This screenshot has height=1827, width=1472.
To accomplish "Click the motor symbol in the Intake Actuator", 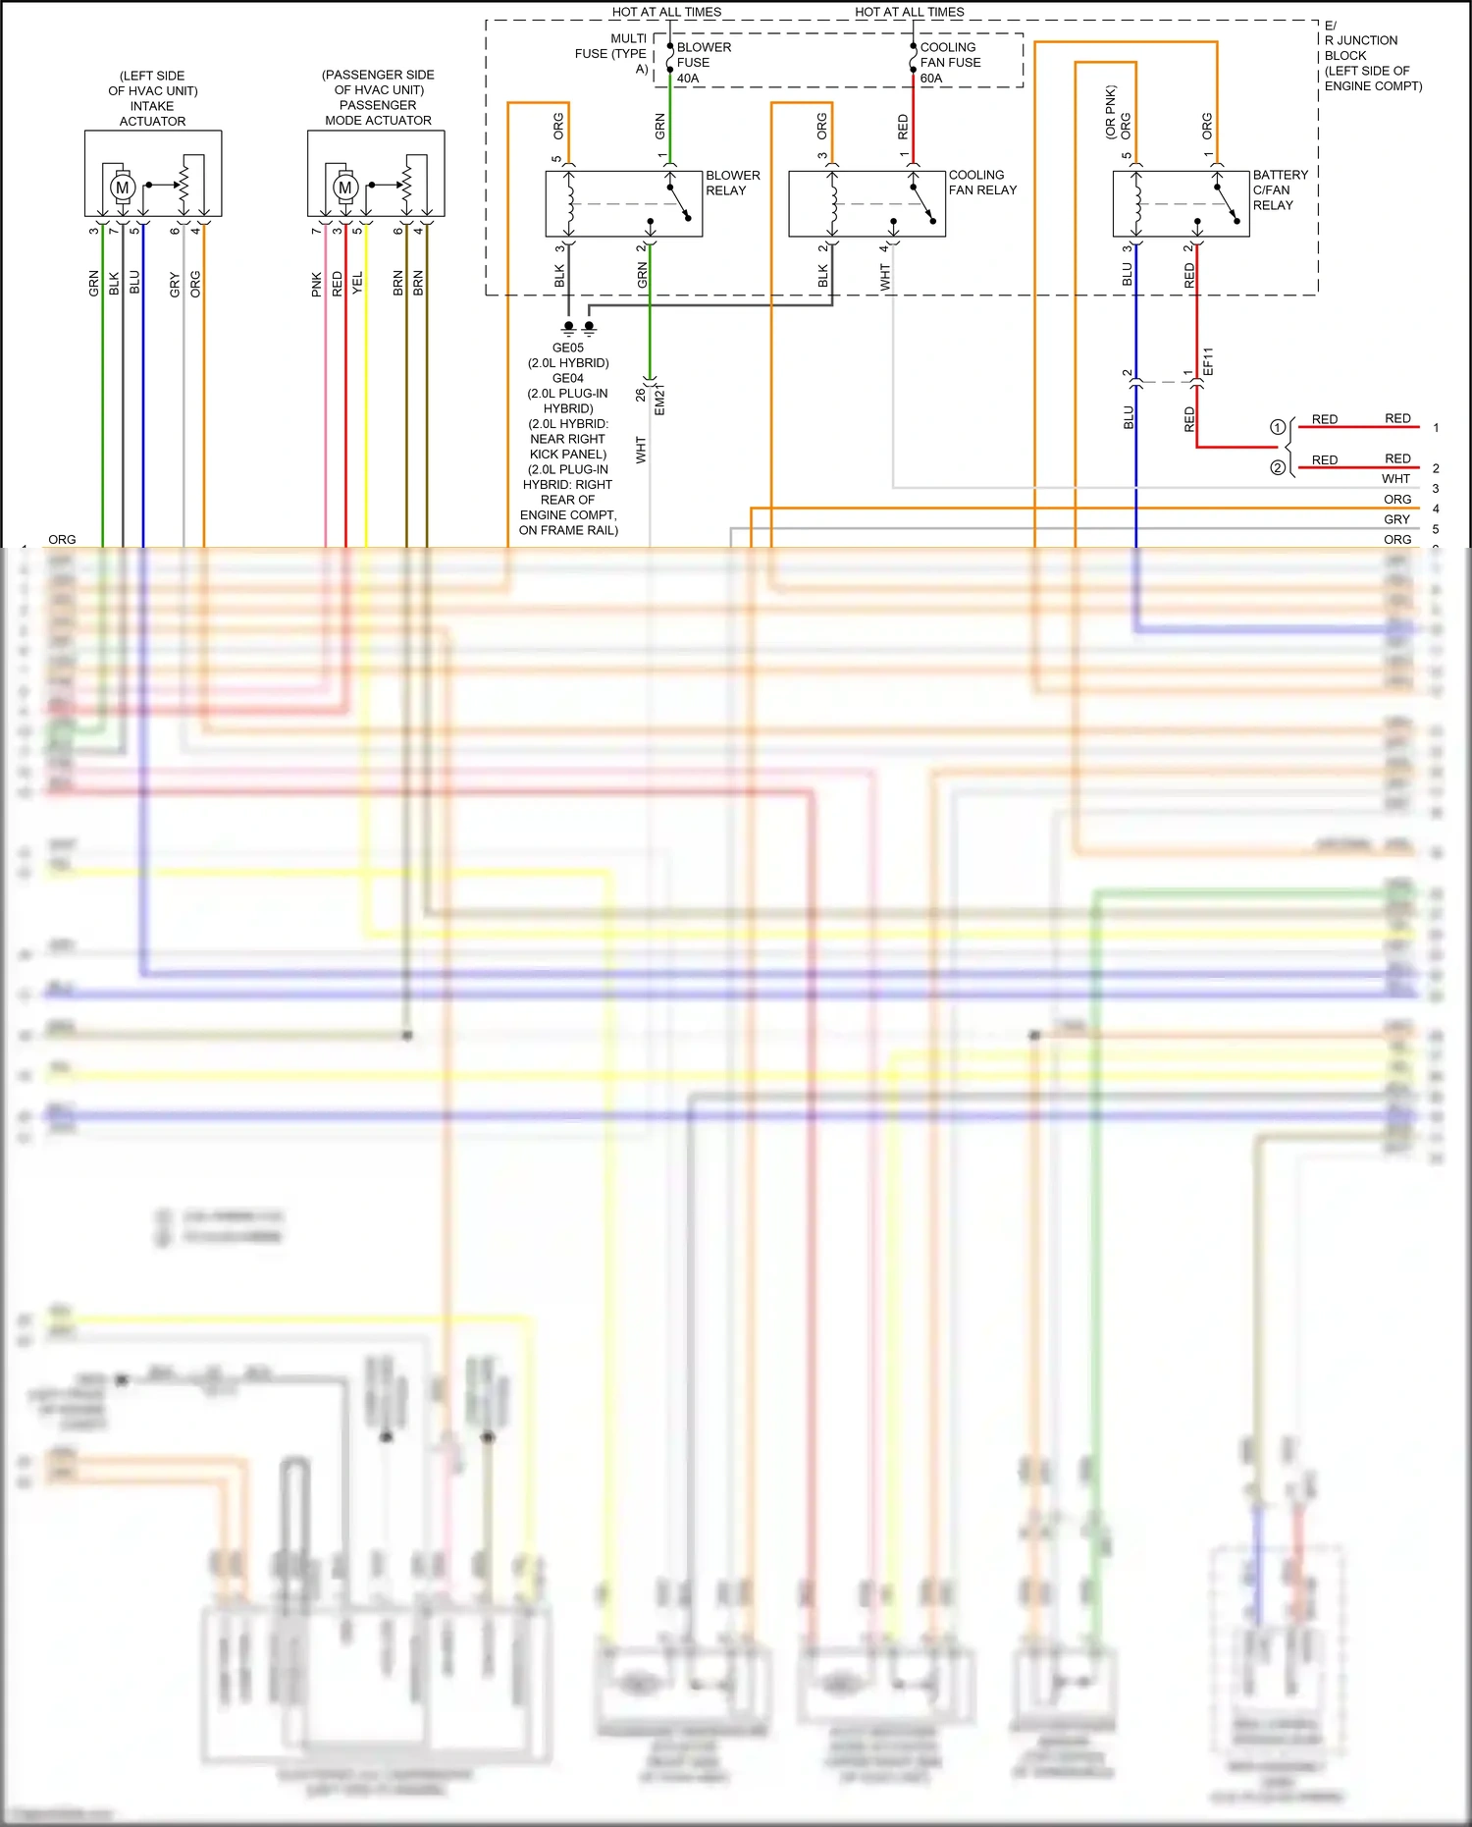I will click(122, 187).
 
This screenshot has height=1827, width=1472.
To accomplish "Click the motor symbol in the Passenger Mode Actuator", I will click(344, 187).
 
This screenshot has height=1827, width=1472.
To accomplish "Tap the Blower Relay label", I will click(732, 183).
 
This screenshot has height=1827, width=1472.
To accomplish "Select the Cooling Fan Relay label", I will click(982, 183).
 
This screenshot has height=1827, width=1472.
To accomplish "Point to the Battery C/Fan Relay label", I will click(1280, 189).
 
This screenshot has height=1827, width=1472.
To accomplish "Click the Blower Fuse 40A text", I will click(703, 62).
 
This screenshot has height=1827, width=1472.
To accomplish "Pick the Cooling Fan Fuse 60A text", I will click(949, 62).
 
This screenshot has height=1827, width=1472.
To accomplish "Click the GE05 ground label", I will click(567, 348).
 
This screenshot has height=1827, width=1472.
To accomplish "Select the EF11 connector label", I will click(1208, 360).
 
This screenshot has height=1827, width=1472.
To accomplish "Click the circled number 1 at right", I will click(1278, 427).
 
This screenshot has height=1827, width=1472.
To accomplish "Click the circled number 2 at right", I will click(1278, 467).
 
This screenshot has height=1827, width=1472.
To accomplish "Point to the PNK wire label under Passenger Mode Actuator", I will click(316, 285).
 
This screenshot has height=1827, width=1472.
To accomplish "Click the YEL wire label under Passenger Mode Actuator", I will click(357, 284).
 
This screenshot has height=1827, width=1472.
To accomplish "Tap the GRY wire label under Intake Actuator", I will click(175, 285).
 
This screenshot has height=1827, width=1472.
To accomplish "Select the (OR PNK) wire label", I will click(1111, 111).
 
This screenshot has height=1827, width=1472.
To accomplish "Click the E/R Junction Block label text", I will click(1372, 56).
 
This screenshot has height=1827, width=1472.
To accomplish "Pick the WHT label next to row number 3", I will click(1395, 479).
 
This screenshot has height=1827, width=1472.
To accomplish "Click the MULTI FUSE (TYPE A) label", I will click(612, 53).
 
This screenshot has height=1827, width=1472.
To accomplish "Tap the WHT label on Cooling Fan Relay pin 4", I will click(885, 278).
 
